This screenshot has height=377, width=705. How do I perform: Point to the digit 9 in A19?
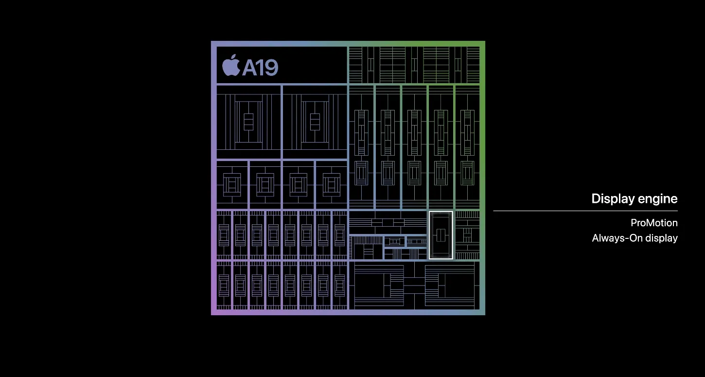point(271,68)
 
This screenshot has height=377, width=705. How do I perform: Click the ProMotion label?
point(654,223)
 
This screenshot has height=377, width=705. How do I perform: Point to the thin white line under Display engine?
point(585,211)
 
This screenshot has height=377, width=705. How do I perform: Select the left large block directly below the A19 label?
point(248,122)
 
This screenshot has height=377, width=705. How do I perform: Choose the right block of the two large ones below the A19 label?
point(315,122)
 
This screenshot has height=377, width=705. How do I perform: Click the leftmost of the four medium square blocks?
point(232,185)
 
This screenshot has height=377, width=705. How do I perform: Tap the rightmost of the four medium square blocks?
point(332,185)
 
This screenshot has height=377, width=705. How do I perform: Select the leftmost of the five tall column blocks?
point(361,147)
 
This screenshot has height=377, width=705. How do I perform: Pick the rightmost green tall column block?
point(467,147)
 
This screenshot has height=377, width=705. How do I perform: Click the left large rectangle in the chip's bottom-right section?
point(379,286)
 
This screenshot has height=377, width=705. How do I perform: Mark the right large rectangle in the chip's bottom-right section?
point(450,286)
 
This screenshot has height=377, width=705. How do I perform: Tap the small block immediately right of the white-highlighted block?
point(467,235)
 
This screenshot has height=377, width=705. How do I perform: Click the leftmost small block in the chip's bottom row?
point(224,286)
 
